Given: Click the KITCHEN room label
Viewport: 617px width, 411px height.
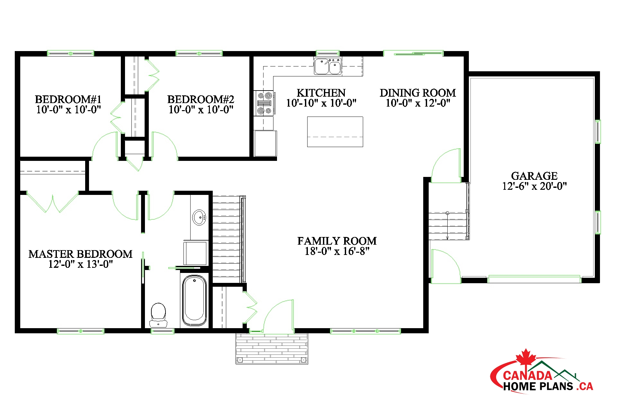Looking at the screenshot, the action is (321, 93).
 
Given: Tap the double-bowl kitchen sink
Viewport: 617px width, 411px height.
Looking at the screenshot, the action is (328, 66).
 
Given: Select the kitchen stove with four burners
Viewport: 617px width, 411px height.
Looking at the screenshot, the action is (264, 103).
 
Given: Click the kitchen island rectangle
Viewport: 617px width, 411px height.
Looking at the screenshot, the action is (335, 132).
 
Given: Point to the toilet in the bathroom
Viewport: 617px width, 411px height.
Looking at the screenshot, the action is (158, 315).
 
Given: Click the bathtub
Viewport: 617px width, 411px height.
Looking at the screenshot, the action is (194, 300).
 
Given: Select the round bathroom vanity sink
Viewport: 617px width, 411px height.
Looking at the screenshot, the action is (199, 217).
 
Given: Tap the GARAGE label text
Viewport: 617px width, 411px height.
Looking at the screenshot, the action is (534, 176).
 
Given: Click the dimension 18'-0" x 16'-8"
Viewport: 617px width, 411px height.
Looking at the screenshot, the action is (337, 251).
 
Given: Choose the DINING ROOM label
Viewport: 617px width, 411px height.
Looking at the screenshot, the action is (418, 93).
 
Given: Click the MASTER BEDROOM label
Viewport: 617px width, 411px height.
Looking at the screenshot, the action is (80, 254).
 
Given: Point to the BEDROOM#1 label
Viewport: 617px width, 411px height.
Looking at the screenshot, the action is (68, 99).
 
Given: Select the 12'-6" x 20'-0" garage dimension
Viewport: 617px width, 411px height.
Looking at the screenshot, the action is (534, 186).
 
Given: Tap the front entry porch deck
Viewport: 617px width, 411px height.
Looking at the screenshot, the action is (272, 348).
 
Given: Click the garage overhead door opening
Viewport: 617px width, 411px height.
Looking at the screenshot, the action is (534, 279).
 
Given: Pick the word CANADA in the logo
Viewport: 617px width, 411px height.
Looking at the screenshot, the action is (527, 375).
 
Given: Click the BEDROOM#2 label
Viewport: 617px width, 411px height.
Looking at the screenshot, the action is (201, 99).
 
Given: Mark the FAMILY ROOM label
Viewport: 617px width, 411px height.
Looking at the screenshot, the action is (337, 241).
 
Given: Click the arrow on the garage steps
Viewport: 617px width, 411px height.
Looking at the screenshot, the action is (447, 226).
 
